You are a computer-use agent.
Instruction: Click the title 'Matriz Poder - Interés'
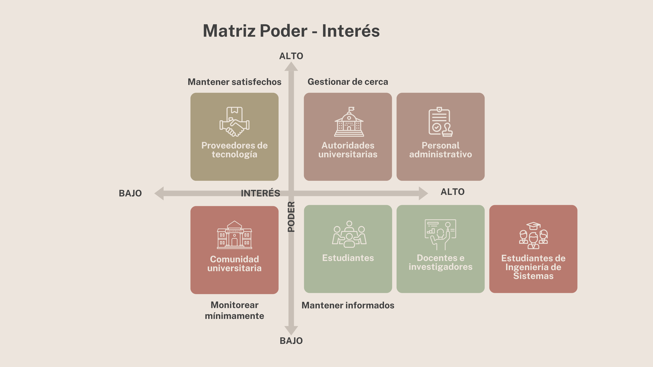[x=291, y=31]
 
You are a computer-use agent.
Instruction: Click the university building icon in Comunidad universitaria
[x=235, y=235]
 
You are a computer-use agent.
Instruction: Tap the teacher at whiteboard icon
[x=440, y=234]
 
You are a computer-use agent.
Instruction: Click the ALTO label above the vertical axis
[x=291, y=56]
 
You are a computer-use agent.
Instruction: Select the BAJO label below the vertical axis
[x=291, y=341]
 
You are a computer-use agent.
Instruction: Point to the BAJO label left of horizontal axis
[x=130, y=193]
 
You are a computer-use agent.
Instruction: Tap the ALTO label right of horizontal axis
[x=453, y=192]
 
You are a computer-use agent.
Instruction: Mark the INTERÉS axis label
[x=260, y=193]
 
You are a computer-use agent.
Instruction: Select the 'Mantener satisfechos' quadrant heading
[x=235, y=82]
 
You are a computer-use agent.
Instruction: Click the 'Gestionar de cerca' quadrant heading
[x=348, y=82]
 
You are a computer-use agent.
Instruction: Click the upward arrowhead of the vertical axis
[x=291, y=67]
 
